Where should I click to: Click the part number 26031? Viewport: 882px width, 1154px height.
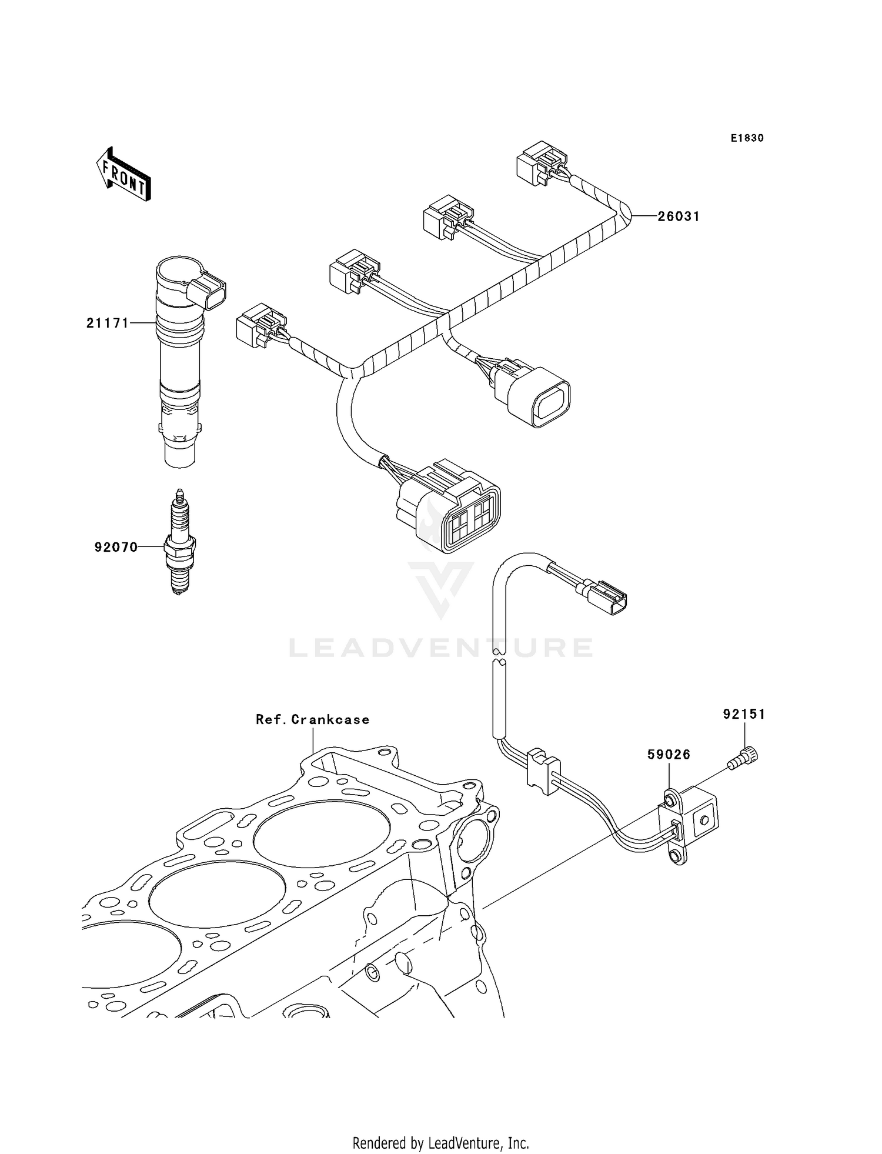pyautogui.click(x=679, y=216)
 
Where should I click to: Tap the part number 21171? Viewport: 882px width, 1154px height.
pyautogui.click(x=108, y=323)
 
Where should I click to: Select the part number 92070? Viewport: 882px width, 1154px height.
pyautogui.click(x=116, y=548)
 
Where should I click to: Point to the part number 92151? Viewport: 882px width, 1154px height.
pyautogui.click(x=744, y=714)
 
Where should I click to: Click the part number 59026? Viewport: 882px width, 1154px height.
pyautogui.click(x=669, y=755)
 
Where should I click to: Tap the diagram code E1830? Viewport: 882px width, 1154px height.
pyautogui.click(x=747, y=138)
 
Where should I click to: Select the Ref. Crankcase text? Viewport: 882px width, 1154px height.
pyautogui.click(x=312, y=719)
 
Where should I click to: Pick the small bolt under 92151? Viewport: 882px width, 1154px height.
pyautogui.click(x=744, y=757)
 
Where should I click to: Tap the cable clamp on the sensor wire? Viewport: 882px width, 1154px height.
pyautogui.click(x=543, y=771)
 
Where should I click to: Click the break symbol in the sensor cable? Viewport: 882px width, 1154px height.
pyautogui.click(x=499, y=656)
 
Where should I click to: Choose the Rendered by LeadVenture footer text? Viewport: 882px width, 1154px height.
pyautogui.click(x=440, y=1143)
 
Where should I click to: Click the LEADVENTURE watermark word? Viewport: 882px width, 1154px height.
pyautogui.click(x=440, y=648)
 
